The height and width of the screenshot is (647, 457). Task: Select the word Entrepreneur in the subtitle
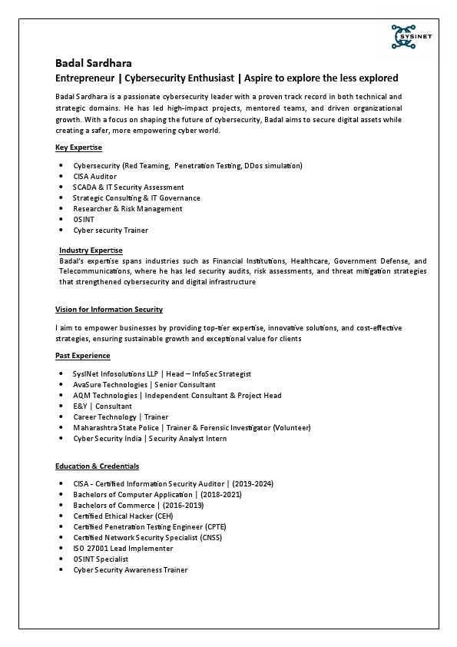coord(85,78)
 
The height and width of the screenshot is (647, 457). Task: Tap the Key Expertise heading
coord(78,147)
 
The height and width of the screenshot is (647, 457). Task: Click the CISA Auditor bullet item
coord(94,176)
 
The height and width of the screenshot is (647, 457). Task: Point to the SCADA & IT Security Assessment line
coord(128,187)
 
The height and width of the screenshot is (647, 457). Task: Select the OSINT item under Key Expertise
coord(84,219)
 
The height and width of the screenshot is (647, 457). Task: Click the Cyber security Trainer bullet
coord(111,230)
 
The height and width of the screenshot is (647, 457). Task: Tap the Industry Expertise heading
coord(91,251)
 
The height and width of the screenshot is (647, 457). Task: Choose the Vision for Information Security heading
coord(108,309)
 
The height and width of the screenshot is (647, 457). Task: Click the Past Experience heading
coord(82,355)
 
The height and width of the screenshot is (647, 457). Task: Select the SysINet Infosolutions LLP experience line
coord(162,373)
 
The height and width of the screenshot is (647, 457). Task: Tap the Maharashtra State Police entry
coord(191,427)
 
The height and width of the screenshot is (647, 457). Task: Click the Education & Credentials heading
coord(97,466)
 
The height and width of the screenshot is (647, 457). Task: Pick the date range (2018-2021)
coord(221,494)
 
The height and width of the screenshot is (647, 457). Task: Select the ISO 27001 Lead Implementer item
coord(123,548)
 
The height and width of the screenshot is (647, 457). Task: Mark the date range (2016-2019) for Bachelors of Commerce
coord(183,505)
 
